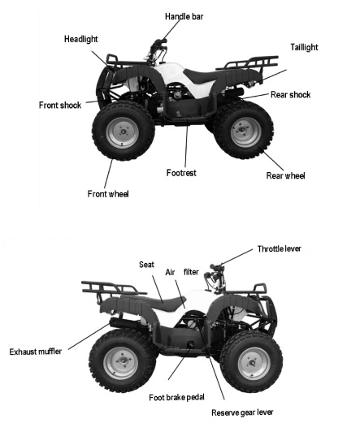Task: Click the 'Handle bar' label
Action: pyautogui.click(x=184, y=16)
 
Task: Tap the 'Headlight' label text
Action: pyautogui.click(x=80, y=39)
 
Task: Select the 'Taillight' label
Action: pyautogui.click(x=304, y=47)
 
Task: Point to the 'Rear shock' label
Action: pyautogui.click(x=290, y=95)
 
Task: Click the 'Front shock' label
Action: pyautogui.click(x=60, y=105)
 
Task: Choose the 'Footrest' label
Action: pyautogui.click(x=181, y=173)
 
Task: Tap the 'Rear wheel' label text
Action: pyautogui.click(x=285, y=175)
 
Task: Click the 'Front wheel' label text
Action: pyautogui.click(x=108, y=194)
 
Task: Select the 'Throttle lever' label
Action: pyautogui.click(x=279, y=248)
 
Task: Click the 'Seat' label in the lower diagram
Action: pyautogui.click(x=146, y=265)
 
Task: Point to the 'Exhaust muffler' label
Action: pyautogui.click(x=36, y=352)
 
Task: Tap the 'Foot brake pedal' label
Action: pyautogui.click(x=176, y=397)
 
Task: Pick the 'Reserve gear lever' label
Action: pyautogui.click(x=242, y=412)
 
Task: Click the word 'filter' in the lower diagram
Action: pyautogui.click(x=191, y=272)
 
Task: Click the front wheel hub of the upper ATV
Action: pyautogui.click(x=123, y=132)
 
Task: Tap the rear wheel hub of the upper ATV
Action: pyautogui.click(x=245, y=132)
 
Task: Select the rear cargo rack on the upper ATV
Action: pyautogui.click(x=248, y=64)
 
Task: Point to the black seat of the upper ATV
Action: pyautogui.click(x=202, y=75)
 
